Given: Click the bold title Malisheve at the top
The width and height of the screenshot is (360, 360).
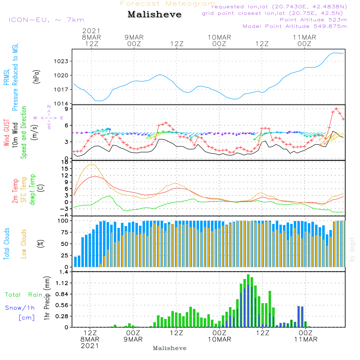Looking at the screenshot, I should tap(154, 14).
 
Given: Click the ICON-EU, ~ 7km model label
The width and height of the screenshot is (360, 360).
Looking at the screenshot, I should tap(46, 20).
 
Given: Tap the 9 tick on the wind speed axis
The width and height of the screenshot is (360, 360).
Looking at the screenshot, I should tap(67, 109).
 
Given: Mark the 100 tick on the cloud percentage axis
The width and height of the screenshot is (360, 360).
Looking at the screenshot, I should tap(63, 221).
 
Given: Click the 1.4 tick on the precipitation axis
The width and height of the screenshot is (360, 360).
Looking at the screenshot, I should tap(64, 272).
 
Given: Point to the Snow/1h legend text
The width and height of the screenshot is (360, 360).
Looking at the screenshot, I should tap(20, 308).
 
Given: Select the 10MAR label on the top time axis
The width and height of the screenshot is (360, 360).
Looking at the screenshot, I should tap(219, 37).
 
